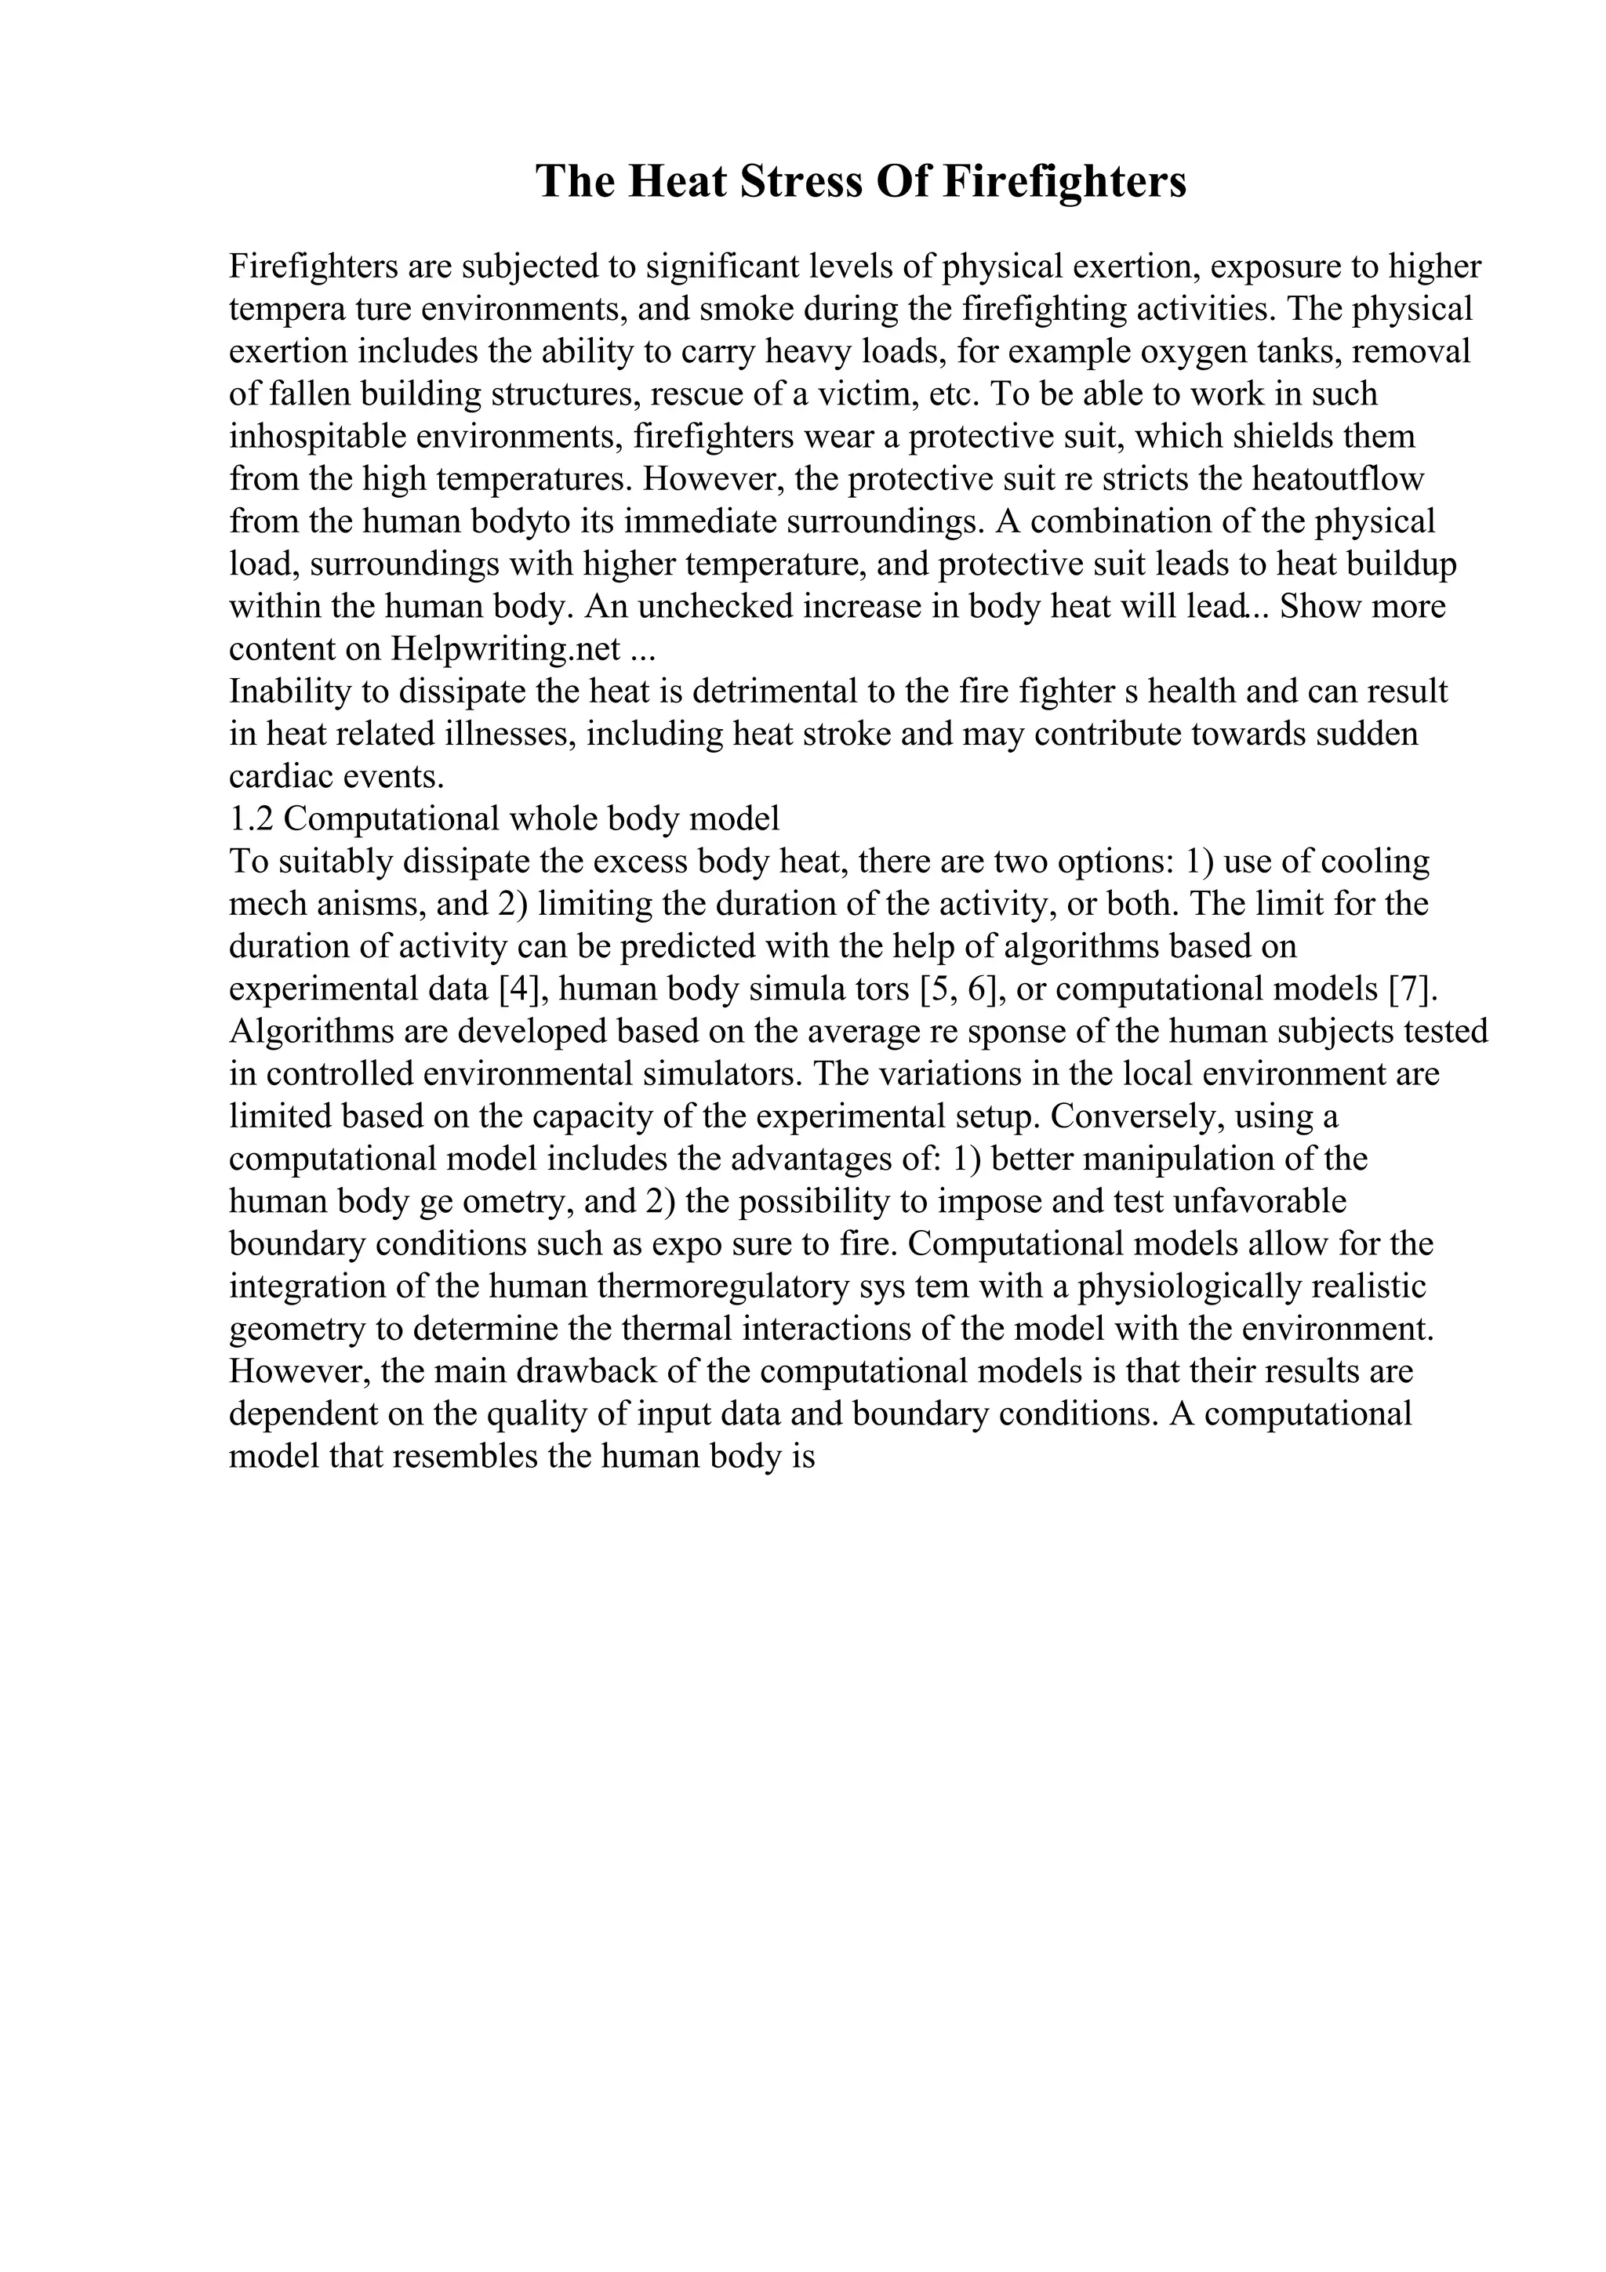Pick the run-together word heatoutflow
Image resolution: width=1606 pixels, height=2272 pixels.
point(1337,480)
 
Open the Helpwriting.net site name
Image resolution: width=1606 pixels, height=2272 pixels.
point(506,649)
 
